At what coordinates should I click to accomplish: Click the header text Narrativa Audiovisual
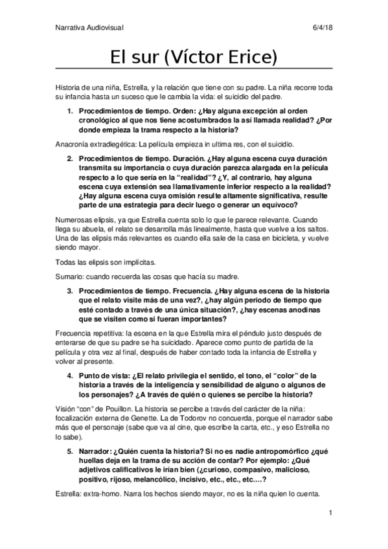pos(89,27)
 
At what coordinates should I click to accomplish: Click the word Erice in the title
pos(251,58)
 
